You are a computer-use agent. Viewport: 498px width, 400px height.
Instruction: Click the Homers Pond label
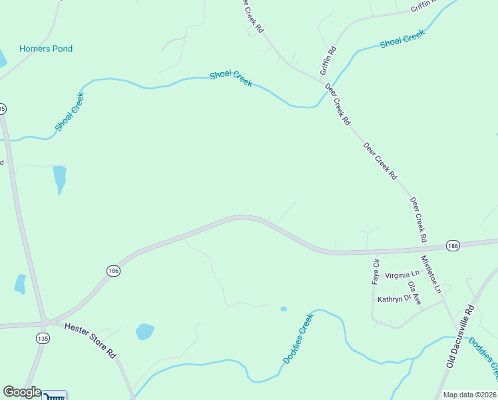46,49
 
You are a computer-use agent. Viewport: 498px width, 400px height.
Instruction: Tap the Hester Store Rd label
91,340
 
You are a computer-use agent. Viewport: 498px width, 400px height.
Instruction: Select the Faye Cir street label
375,271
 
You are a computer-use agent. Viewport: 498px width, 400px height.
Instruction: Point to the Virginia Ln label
403,274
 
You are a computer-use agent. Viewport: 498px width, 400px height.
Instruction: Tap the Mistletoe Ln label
430,274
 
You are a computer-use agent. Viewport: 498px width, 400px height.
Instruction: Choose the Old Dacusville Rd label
460,337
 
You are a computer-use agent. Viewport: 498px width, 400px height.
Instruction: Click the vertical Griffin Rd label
328,59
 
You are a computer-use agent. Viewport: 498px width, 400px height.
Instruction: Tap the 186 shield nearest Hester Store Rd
113,270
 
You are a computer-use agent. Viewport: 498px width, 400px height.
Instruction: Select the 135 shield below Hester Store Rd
43,339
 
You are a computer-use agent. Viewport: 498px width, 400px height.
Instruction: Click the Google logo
22,392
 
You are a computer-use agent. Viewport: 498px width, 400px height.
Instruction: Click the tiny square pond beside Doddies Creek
284,309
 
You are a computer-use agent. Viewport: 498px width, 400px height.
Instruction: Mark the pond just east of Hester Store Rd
144,331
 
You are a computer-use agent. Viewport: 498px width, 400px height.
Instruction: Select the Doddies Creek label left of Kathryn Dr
298,339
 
